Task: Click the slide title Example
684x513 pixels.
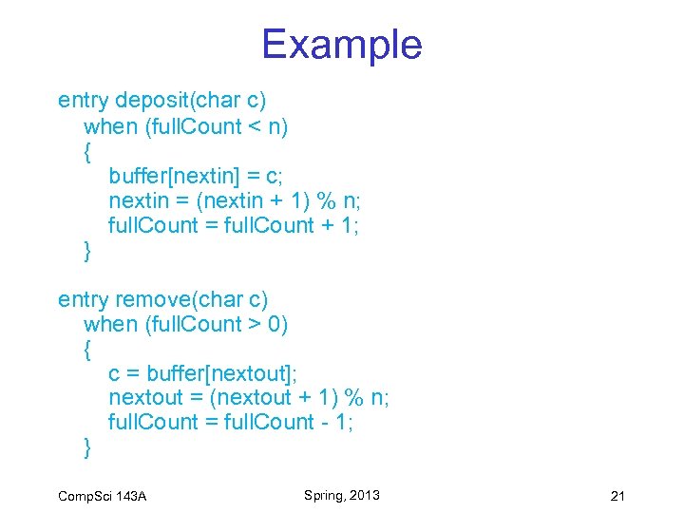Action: pos(341,44)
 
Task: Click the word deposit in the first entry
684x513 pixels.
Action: pos(150,100)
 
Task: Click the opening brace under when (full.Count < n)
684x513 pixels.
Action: pos(88,151)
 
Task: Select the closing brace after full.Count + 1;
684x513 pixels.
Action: pos(88,250)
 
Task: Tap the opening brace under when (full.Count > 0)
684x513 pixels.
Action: pos(88,349)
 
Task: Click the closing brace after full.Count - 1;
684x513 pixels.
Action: pos(88,447)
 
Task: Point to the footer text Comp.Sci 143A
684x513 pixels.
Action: pos(102,497)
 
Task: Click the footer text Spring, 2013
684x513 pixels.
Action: pos(342,495)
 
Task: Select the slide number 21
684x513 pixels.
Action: pos(617,496)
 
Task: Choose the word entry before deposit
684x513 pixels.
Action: pos(83,100)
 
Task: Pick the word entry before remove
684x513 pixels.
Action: pos(83,299)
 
